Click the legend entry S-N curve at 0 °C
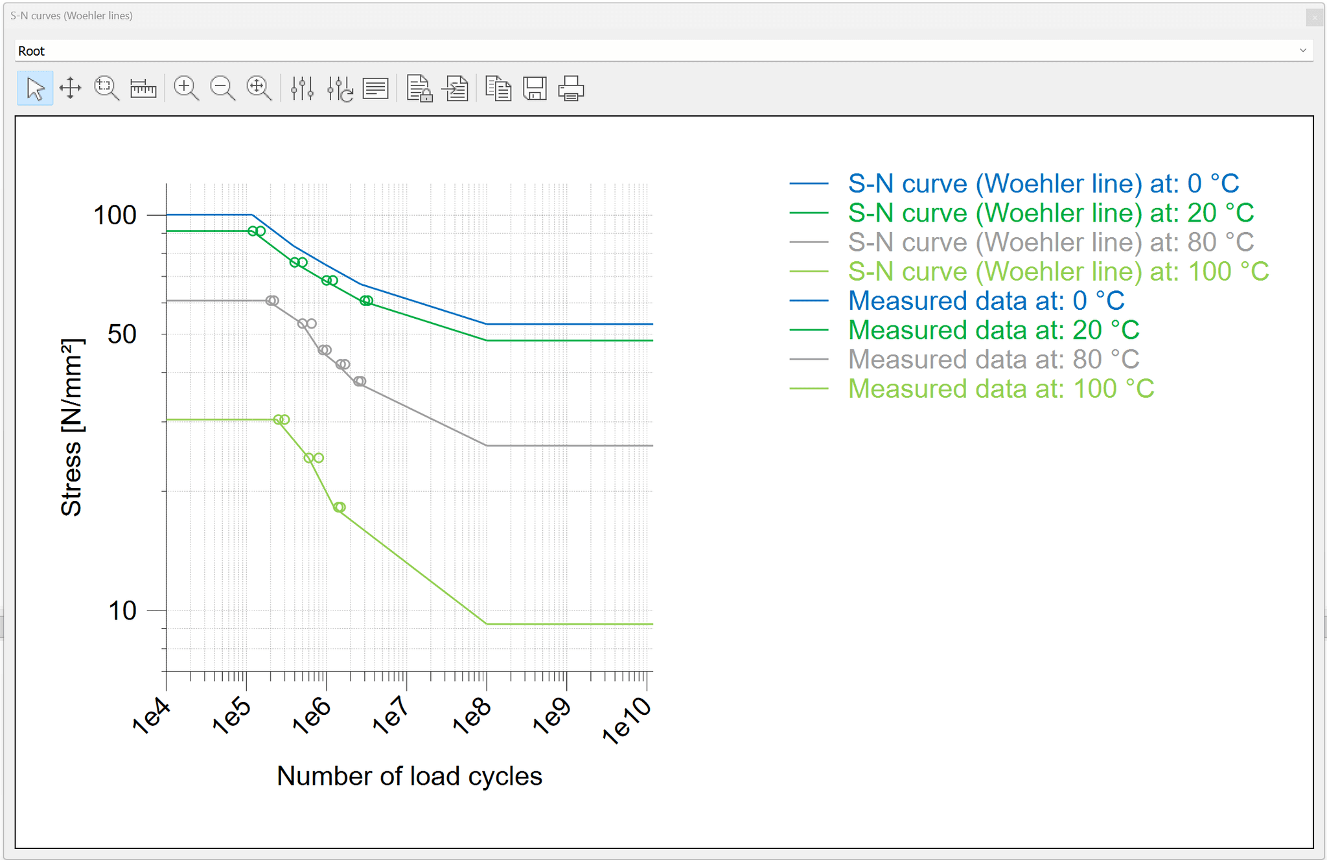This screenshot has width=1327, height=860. [1043, 184]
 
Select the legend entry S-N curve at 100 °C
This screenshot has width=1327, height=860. [1058, 272]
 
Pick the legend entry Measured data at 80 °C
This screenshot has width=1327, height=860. [993, 360]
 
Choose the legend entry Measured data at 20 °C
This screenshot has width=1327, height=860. [993, 331]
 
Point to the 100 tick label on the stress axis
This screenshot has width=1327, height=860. [115, 215]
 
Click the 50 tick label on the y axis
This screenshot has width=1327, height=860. [122, 334]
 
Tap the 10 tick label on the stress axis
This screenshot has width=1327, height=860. [122, 610]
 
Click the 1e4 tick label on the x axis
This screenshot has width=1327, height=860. [152, 715]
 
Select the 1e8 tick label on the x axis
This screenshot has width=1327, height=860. [472, 715]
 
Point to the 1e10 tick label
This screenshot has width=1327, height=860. [627, 720]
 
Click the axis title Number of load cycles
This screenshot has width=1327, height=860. [410, 776]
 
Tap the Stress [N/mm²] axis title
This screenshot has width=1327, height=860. [72, 427]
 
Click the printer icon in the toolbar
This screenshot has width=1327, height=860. [571, 88]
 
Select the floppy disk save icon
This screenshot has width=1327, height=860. [535, 88]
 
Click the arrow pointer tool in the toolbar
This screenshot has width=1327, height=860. [35, 88]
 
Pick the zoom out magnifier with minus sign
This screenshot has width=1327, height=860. [222, 88]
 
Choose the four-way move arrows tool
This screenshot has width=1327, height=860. [70, 88]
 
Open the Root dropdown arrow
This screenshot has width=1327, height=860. [1302, 51]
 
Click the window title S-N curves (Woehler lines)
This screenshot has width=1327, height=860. [71, 16]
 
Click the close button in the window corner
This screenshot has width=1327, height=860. [1315, 17]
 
